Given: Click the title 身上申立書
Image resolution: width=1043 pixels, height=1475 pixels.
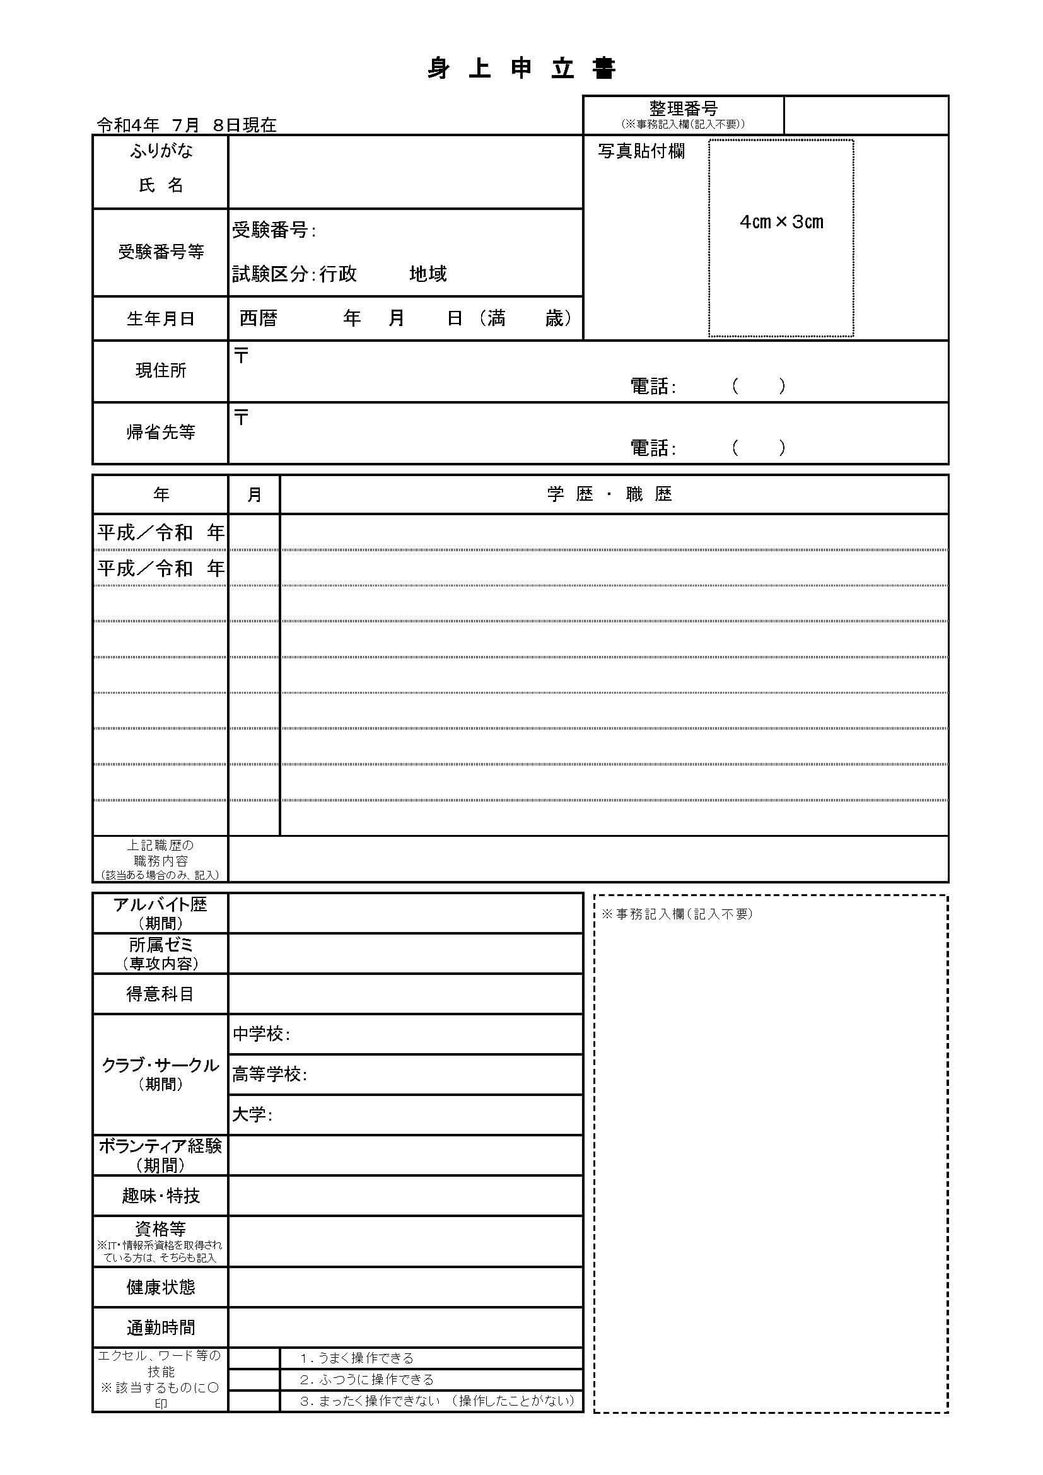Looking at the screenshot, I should tap(521, 68).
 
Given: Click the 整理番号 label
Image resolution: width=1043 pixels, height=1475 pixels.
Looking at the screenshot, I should tap(683, 108).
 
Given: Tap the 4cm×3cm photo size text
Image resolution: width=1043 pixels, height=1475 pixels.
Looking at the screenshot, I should tap(781, 222).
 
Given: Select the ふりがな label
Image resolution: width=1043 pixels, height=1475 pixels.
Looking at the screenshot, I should tap(161, 151).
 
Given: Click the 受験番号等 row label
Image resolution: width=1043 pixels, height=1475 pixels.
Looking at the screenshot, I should tap(161, 252).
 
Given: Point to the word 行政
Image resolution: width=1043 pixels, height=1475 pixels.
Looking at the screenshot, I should tap(338, 274).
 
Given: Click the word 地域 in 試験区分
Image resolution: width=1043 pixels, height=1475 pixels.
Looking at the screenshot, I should tap(428, 274).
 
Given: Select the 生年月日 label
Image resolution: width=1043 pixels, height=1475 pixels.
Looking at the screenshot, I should tap(161, 318).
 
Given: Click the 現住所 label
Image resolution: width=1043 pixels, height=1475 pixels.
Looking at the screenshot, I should tap(161, 371).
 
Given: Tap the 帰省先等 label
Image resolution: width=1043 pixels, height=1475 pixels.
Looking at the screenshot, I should tap(161, 433).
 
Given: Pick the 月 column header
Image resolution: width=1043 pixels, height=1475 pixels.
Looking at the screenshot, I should tap(254, 494).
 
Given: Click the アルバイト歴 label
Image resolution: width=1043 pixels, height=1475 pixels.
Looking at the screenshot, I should tap(161, 905).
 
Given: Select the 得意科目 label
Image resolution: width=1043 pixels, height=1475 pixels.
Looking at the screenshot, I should tap(161, 994).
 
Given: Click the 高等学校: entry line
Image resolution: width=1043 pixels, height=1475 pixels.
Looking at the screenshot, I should tap(405, 1074).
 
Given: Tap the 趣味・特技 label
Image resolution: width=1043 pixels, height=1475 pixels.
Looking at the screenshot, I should tap(161, 1196).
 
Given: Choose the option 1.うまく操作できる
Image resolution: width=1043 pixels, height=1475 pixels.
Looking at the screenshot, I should tap(357, 1358).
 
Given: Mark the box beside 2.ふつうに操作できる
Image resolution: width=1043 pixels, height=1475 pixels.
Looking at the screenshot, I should tap(254, 1379).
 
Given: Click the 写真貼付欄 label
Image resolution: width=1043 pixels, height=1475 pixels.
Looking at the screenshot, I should tap(641, 151).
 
